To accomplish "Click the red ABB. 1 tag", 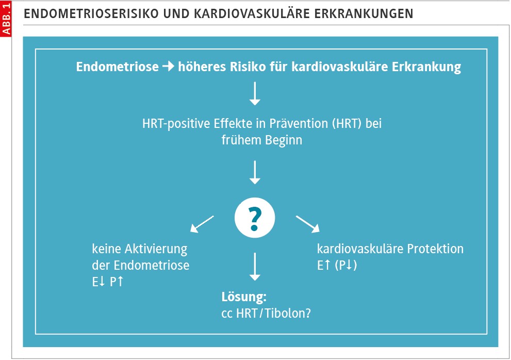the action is pos(6,18).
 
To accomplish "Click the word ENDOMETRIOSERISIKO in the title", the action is pos(92,14).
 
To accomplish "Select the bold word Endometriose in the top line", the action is pos(118,67).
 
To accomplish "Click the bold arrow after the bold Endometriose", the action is pos(169,66).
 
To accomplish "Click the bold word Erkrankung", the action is pos(426,67).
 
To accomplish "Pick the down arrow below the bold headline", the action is pos(255,93).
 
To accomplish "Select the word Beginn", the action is pos(284,140).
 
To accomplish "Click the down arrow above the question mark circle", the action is pos(255,172).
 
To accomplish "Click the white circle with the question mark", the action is pos(255,218).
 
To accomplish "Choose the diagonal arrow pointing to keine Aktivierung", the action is pos(202,224).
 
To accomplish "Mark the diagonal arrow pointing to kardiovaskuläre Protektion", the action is pos(308,224).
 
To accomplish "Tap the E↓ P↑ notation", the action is pos(108,282).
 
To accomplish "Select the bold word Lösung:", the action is pos(244,297).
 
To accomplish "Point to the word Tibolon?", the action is pos(288,314).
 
